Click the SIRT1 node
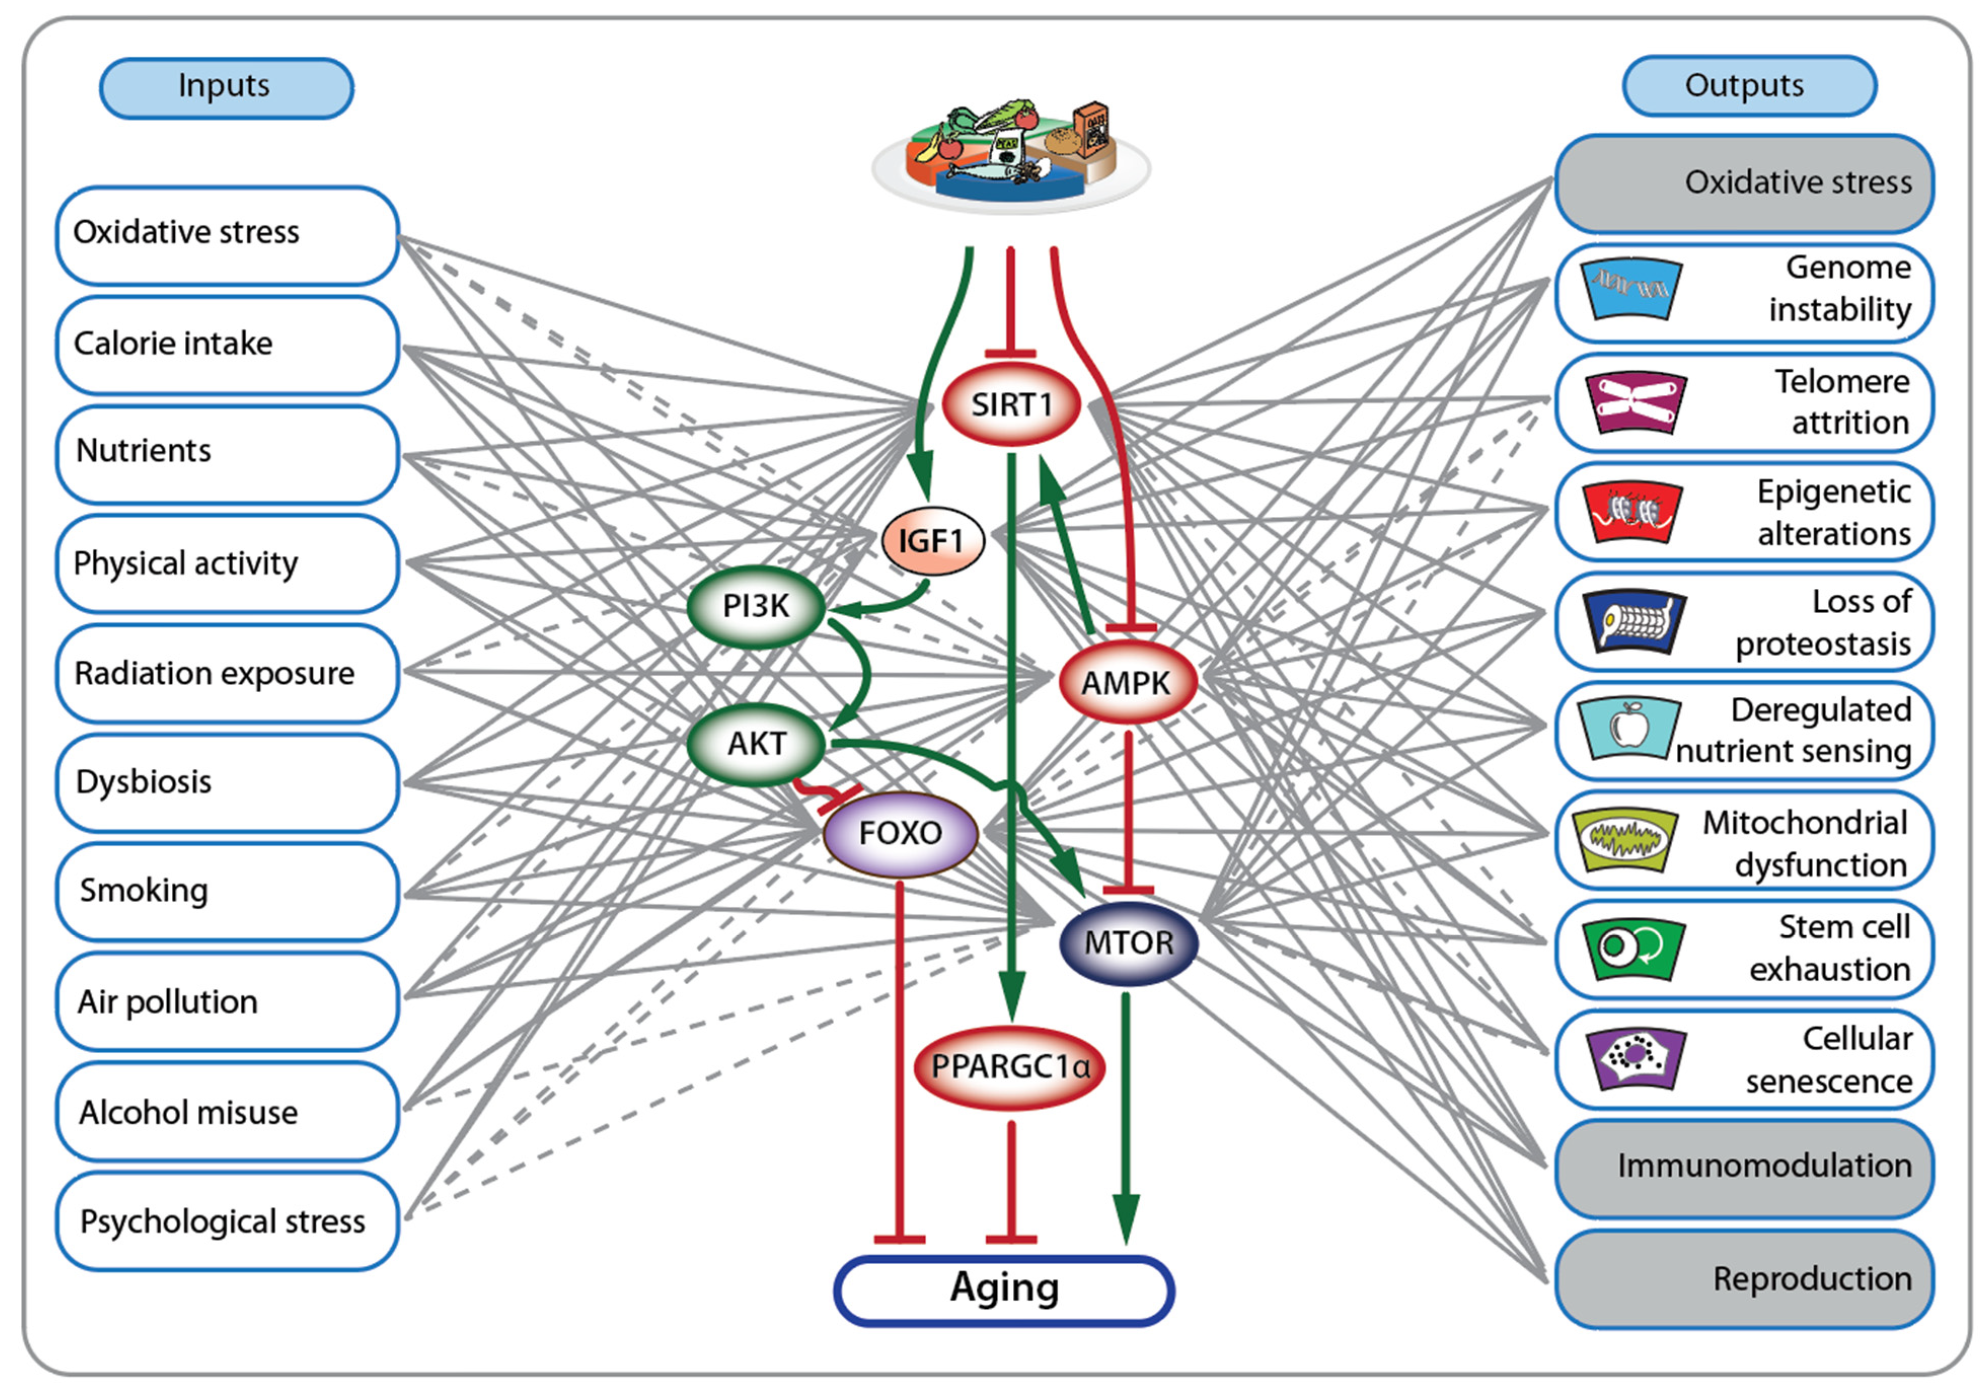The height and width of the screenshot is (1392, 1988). point(1010,405)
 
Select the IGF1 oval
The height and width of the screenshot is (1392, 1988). point(931,542)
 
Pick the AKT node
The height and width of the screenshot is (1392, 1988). point(756,743)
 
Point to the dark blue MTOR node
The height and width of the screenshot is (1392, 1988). point(1128,942)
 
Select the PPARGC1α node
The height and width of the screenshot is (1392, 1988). point(1009,1066)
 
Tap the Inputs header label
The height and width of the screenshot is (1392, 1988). point(225,87)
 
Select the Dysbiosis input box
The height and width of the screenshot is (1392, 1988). point(227,782)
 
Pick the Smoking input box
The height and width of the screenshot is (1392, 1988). point(227,891)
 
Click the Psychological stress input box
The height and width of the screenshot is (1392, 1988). point(227,1221)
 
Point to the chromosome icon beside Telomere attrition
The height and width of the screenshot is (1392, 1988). point(1635,402)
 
